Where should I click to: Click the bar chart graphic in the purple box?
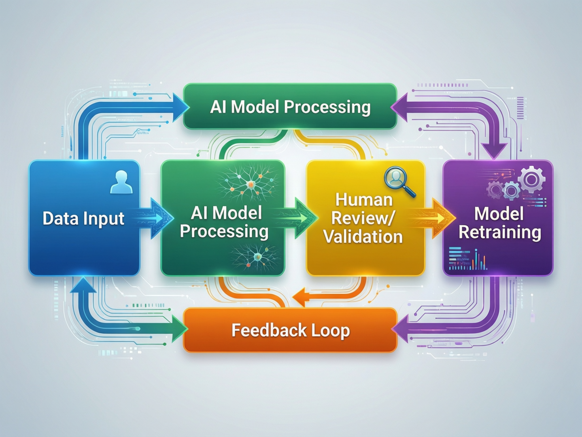tap(468, 259)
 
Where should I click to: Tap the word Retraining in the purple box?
tap(499, 232)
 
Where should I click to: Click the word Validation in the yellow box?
tap(363, 237)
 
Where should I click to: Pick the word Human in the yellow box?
tap(364, 200)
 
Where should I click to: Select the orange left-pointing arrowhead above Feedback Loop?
tap(300, 297)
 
